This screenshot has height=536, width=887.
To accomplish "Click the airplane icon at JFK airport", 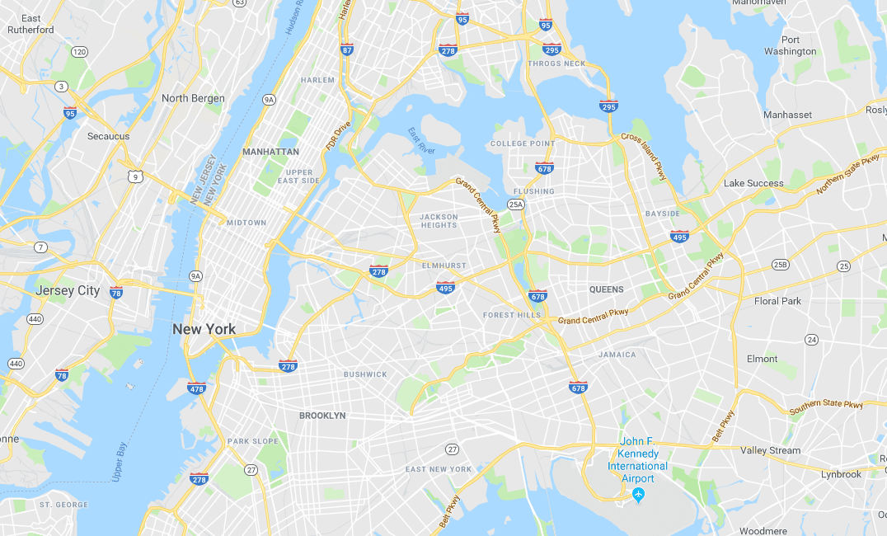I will [637, 494].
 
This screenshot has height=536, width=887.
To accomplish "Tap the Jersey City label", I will [68, 290].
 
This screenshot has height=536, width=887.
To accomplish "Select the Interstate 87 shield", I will [347, 50].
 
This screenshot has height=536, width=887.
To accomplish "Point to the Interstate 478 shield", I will [196, 388].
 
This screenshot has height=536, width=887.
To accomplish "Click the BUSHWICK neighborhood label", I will [365, 374].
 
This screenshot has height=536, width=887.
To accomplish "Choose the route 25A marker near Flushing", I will [516, 205].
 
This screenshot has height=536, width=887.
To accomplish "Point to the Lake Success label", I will [753, 183].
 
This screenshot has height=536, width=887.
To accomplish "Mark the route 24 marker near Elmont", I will [812, 340].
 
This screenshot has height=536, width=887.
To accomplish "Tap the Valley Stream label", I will [770, 450].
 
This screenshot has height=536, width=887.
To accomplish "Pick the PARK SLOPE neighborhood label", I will [253, 441].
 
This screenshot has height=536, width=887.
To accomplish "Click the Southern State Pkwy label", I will [826, 407].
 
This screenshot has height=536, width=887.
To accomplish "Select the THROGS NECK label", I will [556, 63].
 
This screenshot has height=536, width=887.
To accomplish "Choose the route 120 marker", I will [79, 52].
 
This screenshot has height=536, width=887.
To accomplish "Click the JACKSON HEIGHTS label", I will [439, 220].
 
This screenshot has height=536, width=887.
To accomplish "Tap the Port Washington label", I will [790, 45].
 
